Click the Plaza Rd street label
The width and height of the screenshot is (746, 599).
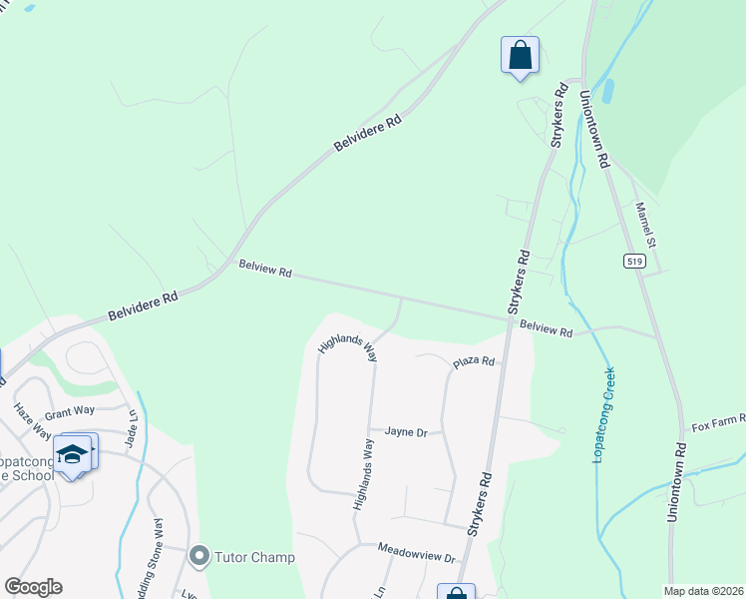(474, 361)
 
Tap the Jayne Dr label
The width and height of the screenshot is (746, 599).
(407, 432)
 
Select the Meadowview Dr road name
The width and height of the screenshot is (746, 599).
(416, 553)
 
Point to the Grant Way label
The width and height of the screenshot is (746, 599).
(70, 410)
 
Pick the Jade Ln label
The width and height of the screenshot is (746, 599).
(130, 426)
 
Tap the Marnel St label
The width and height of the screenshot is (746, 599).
(646, 225)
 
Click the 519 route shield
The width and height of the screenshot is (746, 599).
(635, 262)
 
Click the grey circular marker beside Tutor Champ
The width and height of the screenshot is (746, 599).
(199, 554)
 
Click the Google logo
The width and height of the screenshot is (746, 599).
(33, 587)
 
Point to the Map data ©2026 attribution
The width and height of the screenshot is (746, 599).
(704, 590)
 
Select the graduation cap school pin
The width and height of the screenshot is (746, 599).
(73, 454)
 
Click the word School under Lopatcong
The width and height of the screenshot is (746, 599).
(33, 475)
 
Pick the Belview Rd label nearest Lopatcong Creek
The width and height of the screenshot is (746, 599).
(547, 326)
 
